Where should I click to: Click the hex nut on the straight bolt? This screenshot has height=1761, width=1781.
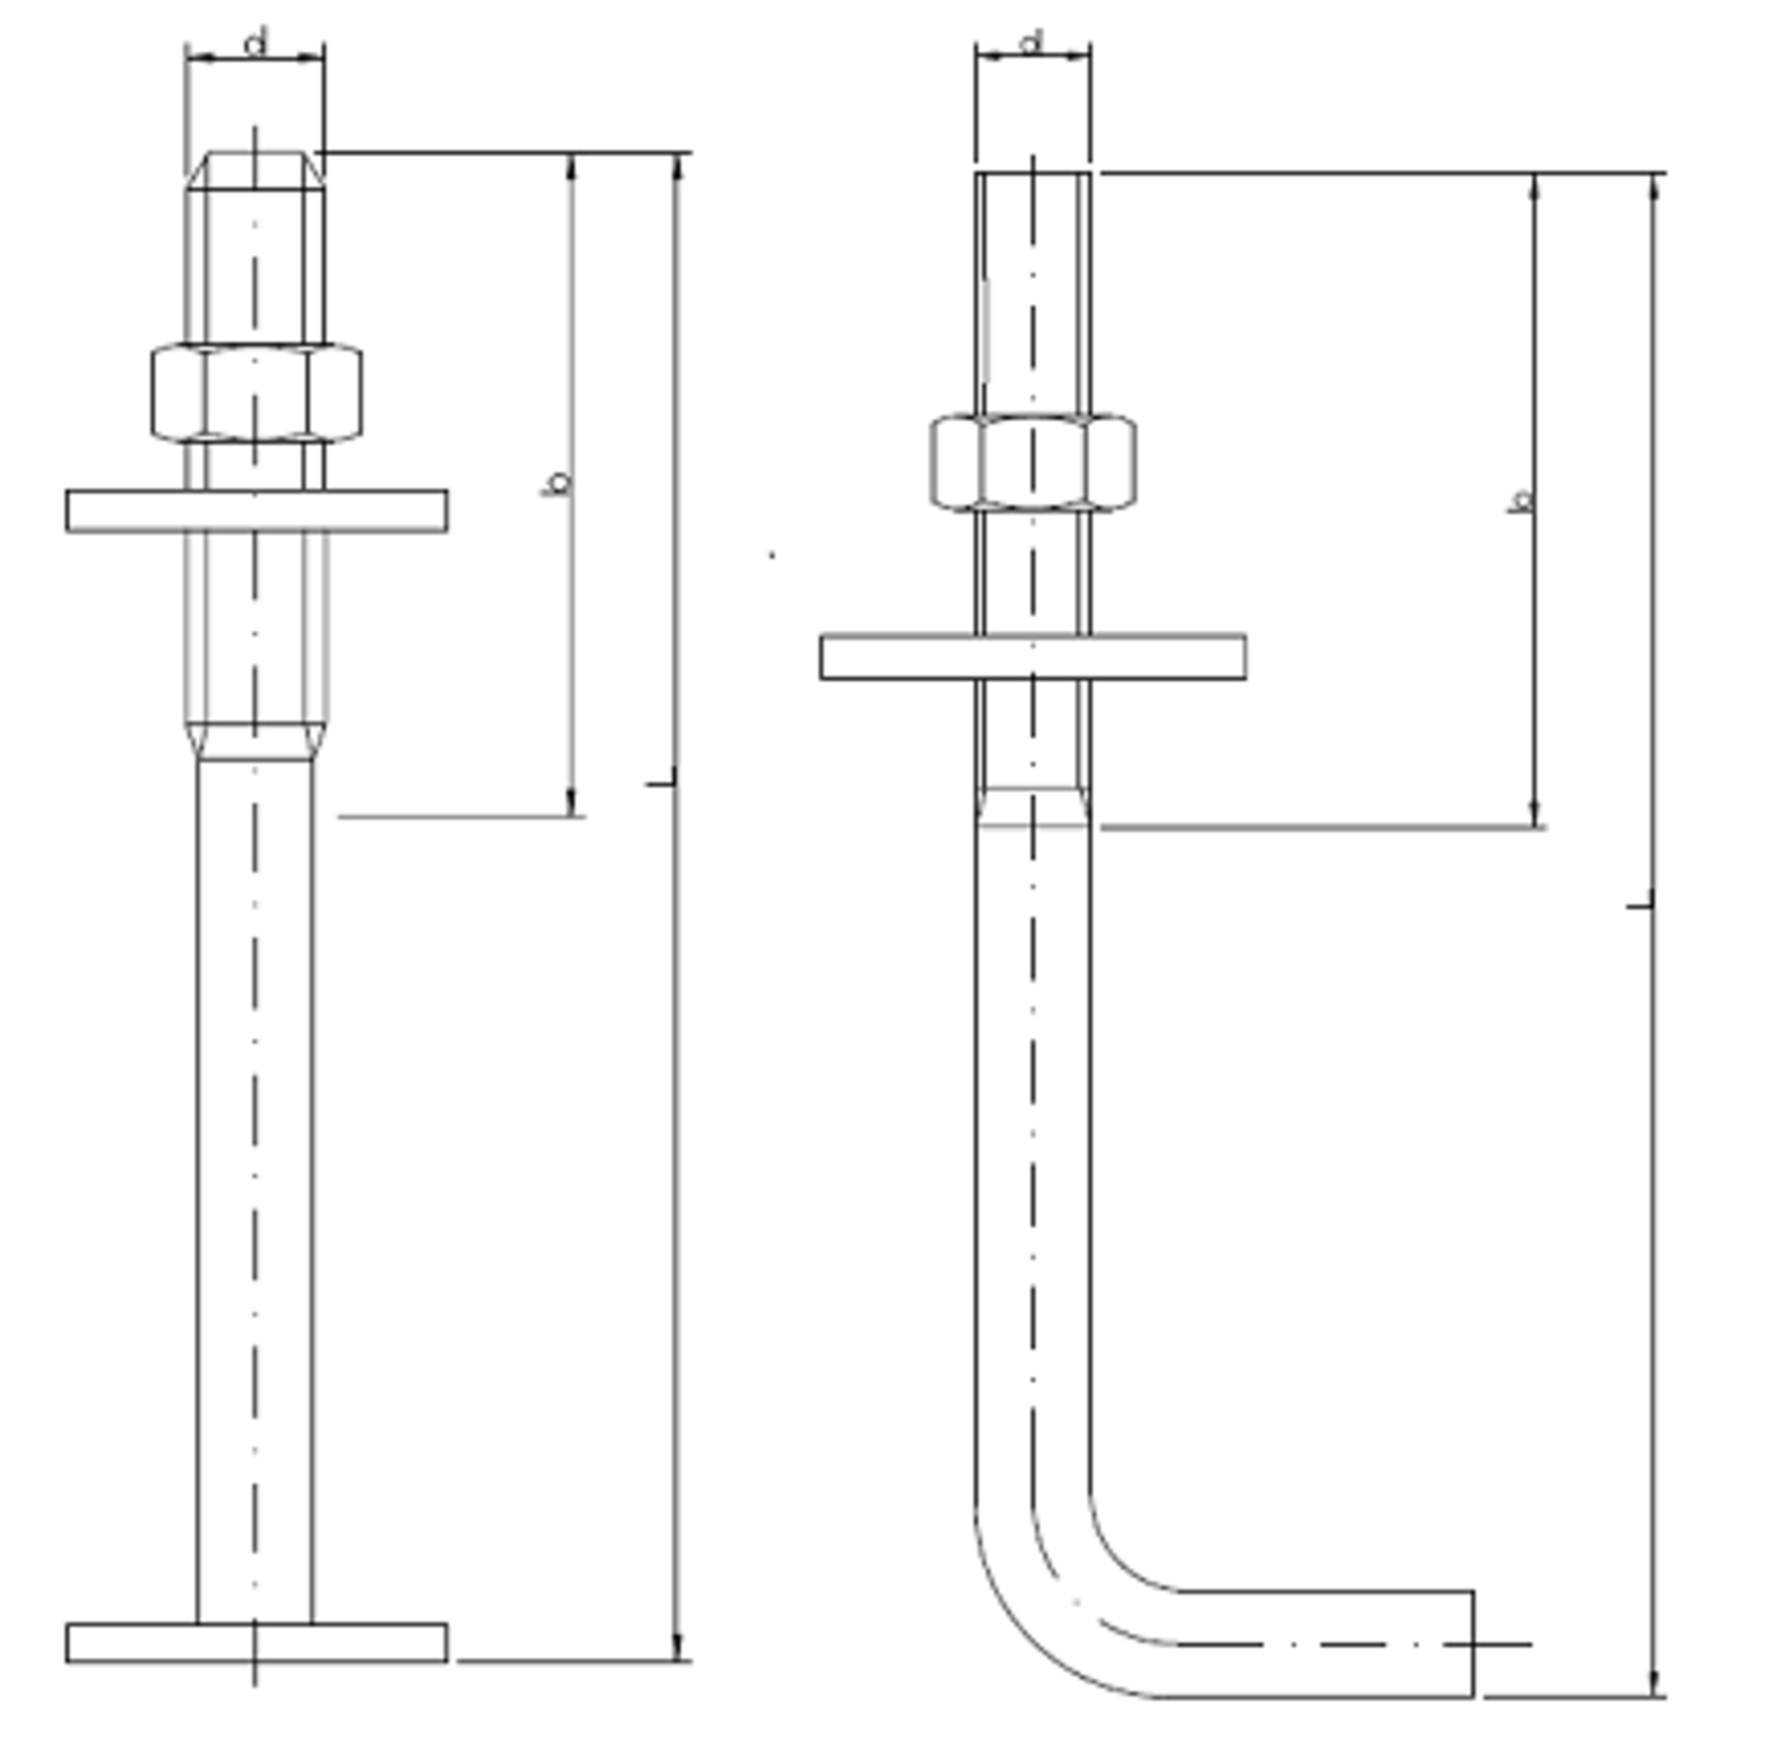pos(256,393)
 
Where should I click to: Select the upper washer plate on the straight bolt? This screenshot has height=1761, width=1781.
pos(257,510)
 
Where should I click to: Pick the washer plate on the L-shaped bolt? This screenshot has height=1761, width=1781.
pos(1033,657)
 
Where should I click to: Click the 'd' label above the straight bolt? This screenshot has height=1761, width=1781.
pos(256,43)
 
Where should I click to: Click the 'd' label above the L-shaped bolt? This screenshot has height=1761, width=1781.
pos(1032,42)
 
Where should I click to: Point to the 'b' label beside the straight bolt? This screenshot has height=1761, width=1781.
pos(557,482)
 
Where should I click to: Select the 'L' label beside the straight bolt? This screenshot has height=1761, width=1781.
pos(661,778)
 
